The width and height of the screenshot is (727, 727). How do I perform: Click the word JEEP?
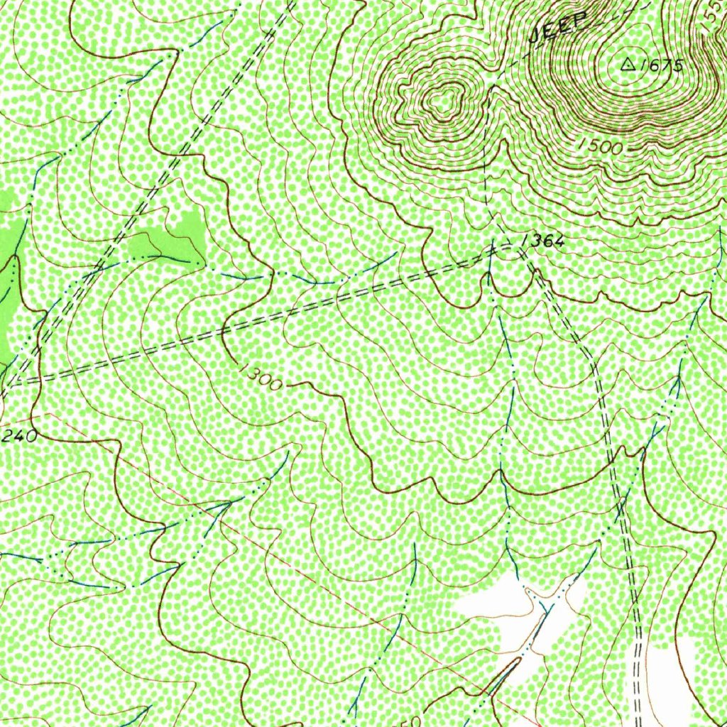coord(560,27)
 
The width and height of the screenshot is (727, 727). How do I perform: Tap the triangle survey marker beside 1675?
coord(628,65)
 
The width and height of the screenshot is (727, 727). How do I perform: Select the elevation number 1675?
coord(661,66)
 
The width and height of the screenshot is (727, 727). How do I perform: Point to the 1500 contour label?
coord(600,147)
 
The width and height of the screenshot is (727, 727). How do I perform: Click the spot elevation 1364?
coord(542,242)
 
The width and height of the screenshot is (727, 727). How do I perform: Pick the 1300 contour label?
coord(261,376)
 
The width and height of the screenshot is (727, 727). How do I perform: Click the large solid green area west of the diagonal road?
coord(9,284)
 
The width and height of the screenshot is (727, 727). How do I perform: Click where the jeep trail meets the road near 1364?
coord(491,249)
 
